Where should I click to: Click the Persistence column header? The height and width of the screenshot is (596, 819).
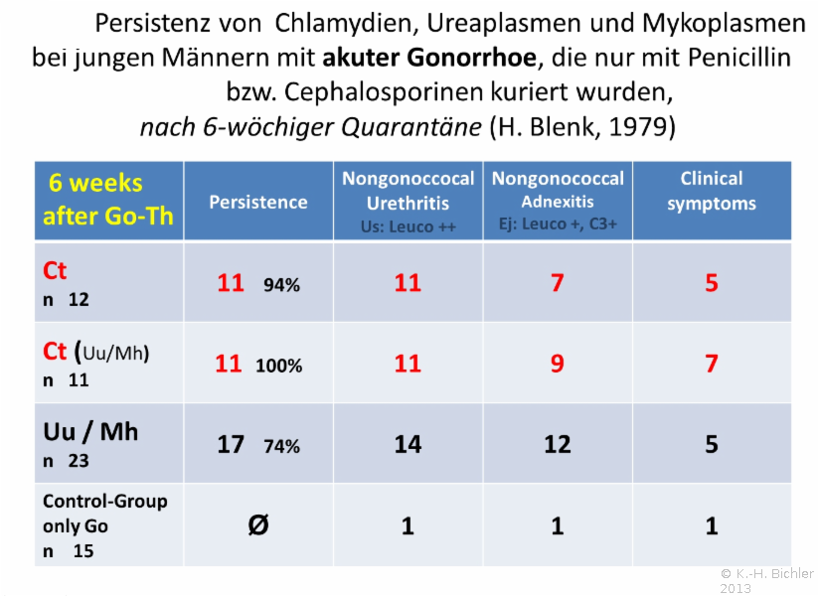coord(257,202)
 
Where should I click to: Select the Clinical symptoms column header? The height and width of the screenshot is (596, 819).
coord(711,191)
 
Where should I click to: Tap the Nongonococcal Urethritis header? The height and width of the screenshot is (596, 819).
coord(408,191)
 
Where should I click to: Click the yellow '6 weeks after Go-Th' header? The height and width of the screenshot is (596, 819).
coord(109,199)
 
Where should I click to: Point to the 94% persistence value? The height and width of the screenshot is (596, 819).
coord(281,285)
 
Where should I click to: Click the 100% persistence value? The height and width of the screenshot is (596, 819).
coord(278,366)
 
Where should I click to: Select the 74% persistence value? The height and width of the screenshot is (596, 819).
coord(281,446)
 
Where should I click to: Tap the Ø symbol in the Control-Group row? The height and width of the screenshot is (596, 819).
coord(257,524)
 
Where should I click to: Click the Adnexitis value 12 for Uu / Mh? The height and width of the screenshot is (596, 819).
coord(558,444)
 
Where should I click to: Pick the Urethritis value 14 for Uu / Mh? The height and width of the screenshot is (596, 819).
coord(408,444)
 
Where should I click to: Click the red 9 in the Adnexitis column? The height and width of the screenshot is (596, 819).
coord(558,364)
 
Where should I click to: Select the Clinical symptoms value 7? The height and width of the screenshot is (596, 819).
coord(712,364)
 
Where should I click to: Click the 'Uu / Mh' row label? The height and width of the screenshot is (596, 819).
coord(90,431)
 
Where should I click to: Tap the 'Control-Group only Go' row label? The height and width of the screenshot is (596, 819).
coord(104,513)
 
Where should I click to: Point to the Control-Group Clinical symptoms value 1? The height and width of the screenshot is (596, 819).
coord(712,525)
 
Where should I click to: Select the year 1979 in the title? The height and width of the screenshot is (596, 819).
coord(641,126)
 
